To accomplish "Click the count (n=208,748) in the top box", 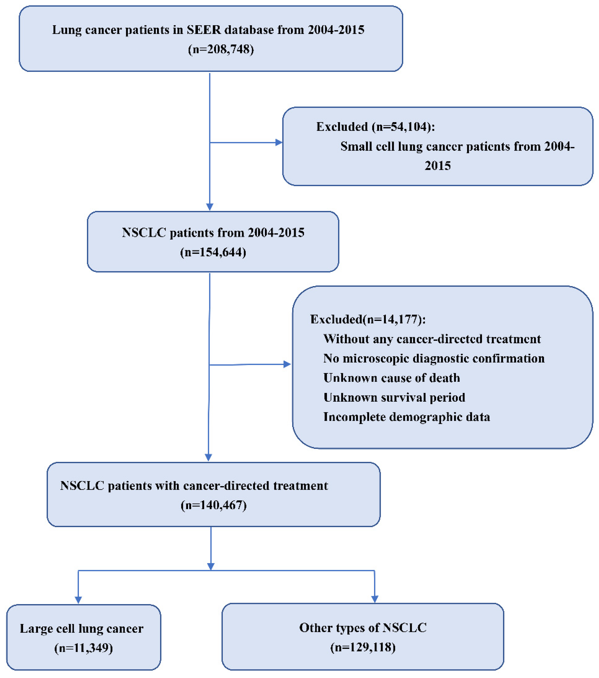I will [221, 49].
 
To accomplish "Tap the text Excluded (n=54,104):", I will [375, 127].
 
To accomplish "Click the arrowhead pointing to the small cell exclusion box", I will [279, 143].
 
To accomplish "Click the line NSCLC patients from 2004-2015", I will [213, 232].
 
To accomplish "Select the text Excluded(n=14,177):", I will [368, 319].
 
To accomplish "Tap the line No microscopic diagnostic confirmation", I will [434, 358].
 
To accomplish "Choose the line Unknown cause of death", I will [392, 378].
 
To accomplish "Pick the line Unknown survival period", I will [394, 397].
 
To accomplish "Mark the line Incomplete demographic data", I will [406, 417].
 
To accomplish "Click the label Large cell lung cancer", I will [82, 629].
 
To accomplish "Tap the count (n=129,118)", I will [363, 647].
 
